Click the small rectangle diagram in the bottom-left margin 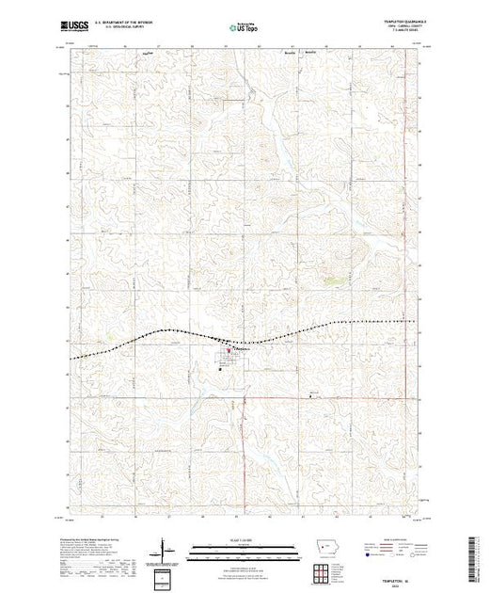(x=163, y=575)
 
